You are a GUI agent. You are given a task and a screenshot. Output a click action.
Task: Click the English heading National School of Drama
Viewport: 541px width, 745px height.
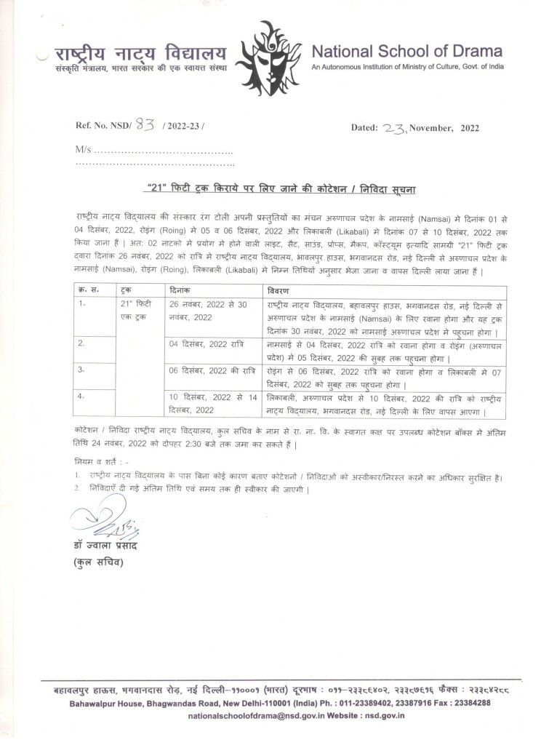coord(406,52)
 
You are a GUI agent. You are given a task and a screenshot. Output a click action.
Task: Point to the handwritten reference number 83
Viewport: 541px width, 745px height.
coord(148,124)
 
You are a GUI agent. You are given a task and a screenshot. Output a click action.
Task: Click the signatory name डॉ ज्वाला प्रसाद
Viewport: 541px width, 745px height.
coord(105,546)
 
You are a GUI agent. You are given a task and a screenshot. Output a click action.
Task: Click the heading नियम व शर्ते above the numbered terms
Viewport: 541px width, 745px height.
coord(100,462)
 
